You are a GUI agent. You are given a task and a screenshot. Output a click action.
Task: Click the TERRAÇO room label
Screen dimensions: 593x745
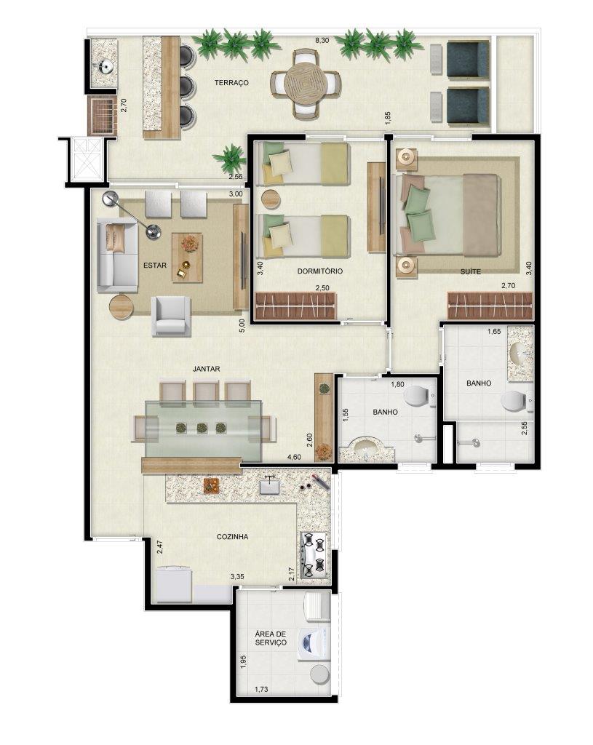click(231, 83)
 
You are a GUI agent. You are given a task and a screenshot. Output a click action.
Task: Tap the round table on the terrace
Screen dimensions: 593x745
click(306, 84)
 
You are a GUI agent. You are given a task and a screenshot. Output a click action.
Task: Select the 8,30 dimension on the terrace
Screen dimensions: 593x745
click(322, 41)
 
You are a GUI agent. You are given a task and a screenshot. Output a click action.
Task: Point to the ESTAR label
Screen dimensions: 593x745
click(155, 265)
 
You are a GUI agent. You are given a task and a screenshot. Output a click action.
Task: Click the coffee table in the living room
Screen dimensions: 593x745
click(187, 258)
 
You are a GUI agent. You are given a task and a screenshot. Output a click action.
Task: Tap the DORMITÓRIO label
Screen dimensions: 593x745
click(319, 271)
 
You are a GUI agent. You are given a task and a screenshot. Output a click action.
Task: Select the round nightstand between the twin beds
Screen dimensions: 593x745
click(271, 199)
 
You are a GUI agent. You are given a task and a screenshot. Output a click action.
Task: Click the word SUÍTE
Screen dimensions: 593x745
click(471, 272)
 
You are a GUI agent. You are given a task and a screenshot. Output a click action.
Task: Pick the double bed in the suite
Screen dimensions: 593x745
click(451, 215)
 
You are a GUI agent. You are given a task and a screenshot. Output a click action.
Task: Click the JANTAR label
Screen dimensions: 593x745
click(206, 369)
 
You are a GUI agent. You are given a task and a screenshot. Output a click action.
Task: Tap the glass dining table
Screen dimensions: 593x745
click(204, 431)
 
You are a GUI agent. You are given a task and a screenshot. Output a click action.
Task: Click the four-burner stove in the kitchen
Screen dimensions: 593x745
click(314, 556)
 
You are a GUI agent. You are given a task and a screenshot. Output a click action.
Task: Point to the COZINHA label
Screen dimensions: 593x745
click(232, 537)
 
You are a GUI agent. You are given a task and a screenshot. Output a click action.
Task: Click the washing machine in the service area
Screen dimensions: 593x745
click(313, 644)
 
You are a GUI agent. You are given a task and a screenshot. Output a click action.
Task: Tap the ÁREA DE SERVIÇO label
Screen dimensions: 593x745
click(271, 639)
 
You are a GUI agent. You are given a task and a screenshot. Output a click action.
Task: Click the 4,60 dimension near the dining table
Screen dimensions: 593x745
click(295, 458)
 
